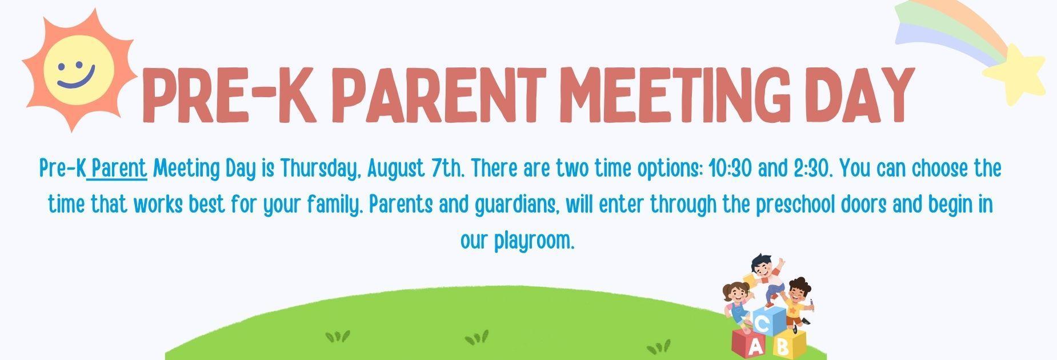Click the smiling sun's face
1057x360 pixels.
(x=79, y=70)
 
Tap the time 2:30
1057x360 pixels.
(x=811, y=169)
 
